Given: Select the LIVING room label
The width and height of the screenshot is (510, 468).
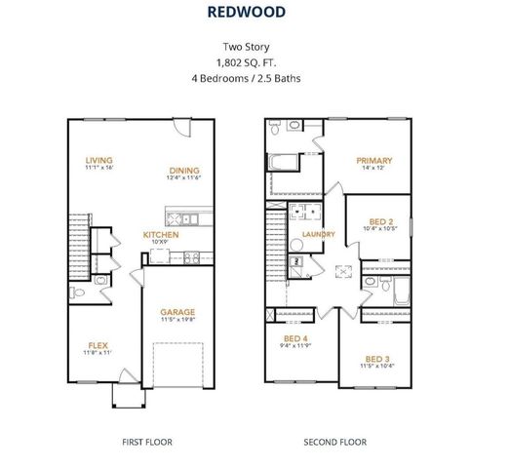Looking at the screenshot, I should [98, 160].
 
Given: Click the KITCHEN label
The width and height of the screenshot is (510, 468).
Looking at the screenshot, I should [161, 234].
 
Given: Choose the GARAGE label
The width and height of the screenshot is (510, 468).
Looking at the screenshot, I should [177, 311].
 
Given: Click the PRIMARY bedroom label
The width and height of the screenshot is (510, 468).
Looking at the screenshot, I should [373, 161].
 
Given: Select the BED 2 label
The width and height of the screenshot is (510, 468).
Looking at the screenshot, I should [382, 220].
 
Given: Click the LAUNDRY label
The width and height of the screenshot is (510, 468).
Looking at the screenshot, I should [319, 234].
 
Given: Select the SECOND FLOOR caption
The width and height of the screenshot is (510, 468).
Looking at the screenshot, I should [334, 442].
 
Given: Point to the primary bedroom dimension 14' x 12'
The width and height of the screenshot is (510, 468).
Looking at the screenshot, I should [373, 170].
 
